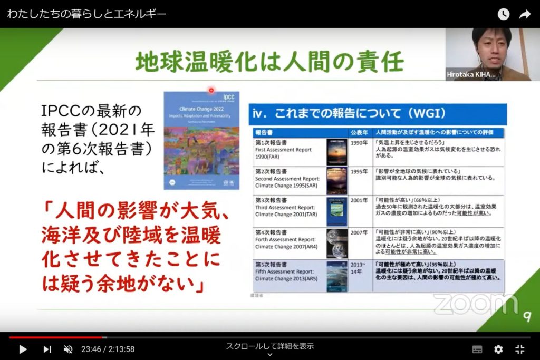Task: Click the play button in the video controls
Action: (x=23, y=349)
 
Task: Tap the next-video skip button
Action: (x=47, y=349)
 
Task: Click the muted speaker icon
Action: (x=68, y=349)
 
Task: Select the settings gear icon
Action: (x=498, y=349)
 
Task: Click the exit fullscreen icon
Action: (x=519, y=349)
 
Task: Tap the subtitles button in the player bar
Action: (x=477, y=349)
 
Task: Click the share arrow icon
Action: (x=524, y=14)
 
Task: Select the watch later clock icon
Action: (x=504, y=14)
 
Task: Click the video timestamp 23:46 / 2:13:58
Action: (x=108, y=349)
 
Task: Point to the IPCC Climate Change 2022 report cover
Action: (x=201, y=140)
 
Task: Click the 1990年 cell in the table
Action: (x=359, y=143)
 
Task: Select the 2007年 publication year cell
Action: (x=359, y=232)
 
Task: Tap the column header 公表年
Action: (x=359, y=132)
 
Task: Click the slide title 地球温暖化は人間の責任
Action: (x=269, y=62)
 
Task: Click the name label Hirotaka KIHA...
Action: (x=471, y=75)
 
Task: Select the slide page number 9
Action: (x=526, y=316)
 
